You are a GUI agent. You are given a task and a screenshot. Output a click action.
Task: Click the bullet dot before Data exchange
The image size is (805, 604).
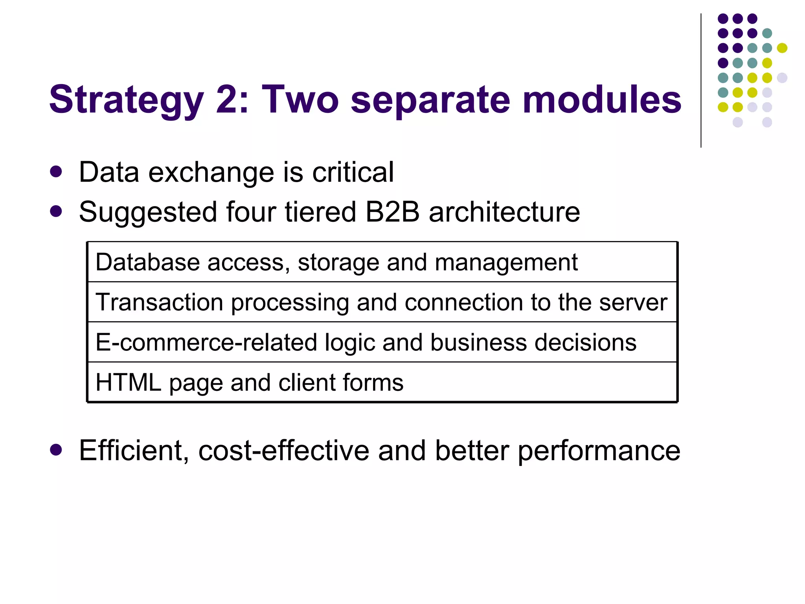click(56, 172)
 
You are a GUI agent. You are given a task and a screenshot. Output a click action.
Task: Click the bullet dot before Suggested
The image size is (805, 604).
click(56, 211)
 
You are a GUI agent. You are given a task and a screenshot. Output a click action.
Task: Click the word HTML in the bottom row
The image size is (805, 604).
click(129, 382)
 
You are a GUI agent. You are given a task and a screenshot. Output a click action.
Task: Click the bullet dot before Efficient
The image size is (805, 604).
click(56, 450)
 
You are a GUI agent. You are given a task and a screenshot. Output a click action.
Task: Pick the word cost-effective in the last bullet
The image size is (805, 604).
click(283, 450)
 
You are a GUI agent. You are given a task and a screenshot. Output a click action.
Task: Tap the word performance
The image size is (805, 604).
click(599, 451)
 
